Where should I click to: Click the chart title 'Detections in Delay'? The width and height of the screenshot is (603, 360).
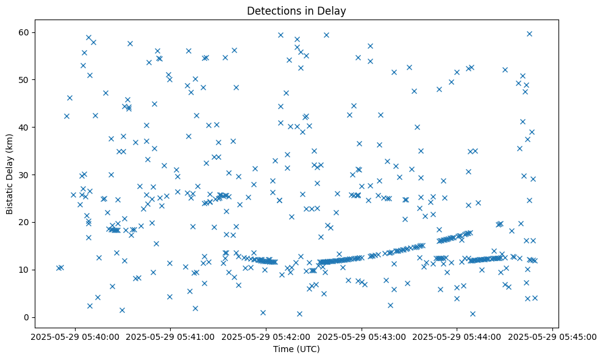point(296,10)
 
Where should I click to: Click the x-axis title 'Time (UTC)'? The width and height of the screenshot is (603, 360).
point(296,349)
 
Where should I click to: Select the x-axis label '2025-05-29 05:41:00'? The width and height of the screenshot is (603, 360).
point(170,336)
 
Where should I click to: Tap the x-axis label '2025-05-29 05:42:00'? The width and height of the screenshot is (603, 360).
point(266,336)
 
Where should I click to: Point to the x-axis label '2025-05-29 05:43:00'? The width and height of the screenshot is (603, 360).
point(362,336)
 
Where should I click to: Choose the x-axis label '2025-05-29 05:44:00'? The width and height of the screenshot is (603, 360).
point(457,336)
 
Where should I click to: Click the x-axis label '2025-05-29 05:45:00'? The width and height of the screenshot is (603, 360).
point(553,336)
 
